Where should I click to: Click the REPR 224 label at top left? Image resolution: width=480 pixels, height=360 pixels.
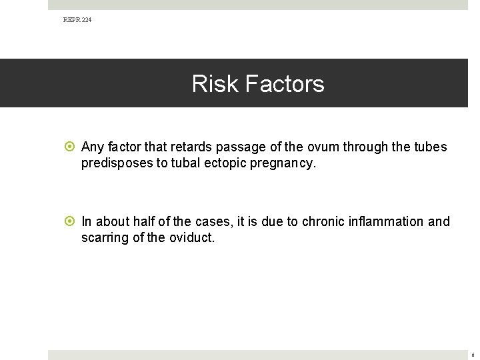77,20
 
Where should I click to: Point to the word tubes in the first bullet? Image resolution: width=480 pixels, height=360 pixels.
431,147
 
